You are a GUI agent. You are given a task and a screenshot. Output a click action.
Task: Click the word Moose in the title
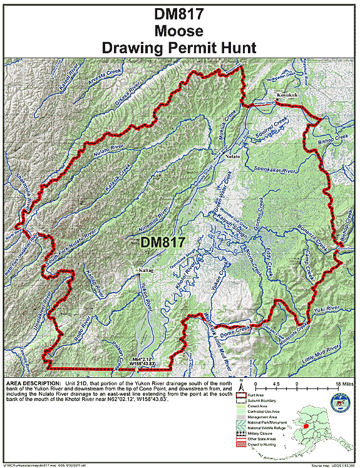[180, 29]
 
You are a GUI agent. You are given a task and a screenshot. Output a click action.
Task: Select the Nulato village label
[233, 156]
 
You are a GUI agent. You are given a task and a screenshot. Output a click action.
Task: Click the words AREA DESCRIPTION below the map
[31, 382]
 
